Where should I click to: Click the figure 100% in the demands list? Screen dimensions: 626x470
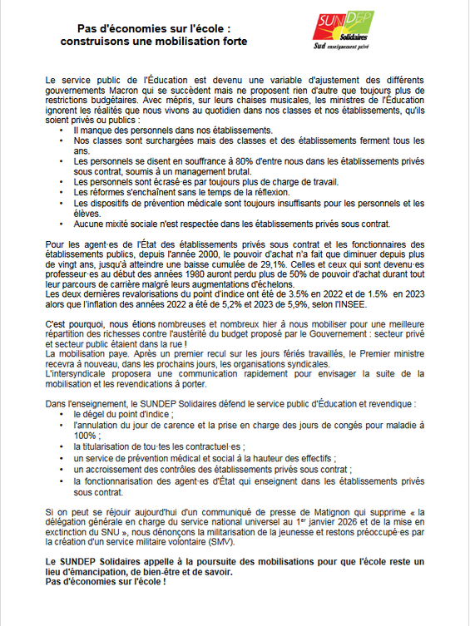point(86,434)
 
